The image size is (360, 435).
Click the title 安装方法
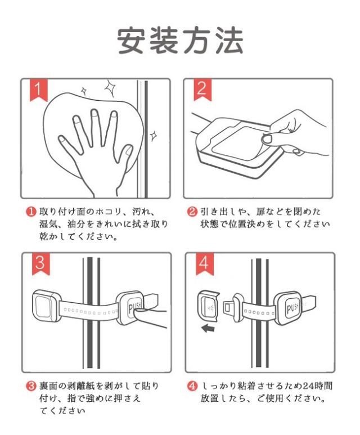point(180,40)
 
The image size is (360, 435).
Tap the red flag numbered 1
point(39,90)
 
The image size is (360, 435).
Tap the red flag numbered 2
point(202,89)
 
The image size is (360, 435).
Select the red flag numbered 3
point(40,263)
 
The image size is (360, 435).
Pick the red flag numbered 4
point(204,263)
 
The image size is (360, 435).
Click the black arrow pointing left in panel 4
point(208,329)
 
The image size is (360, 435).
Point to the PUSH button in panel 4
point(291,308)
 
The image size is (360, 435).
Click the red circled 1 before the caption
point(31,212)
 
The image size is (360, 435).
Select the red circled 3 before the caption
point(31,385)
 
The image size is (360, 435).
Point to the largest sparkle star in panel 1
point(110,88)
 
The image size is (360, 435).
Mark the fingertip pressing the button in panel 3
point(139,314)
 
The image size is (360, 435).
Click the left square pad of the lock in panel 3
point(46,306)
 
